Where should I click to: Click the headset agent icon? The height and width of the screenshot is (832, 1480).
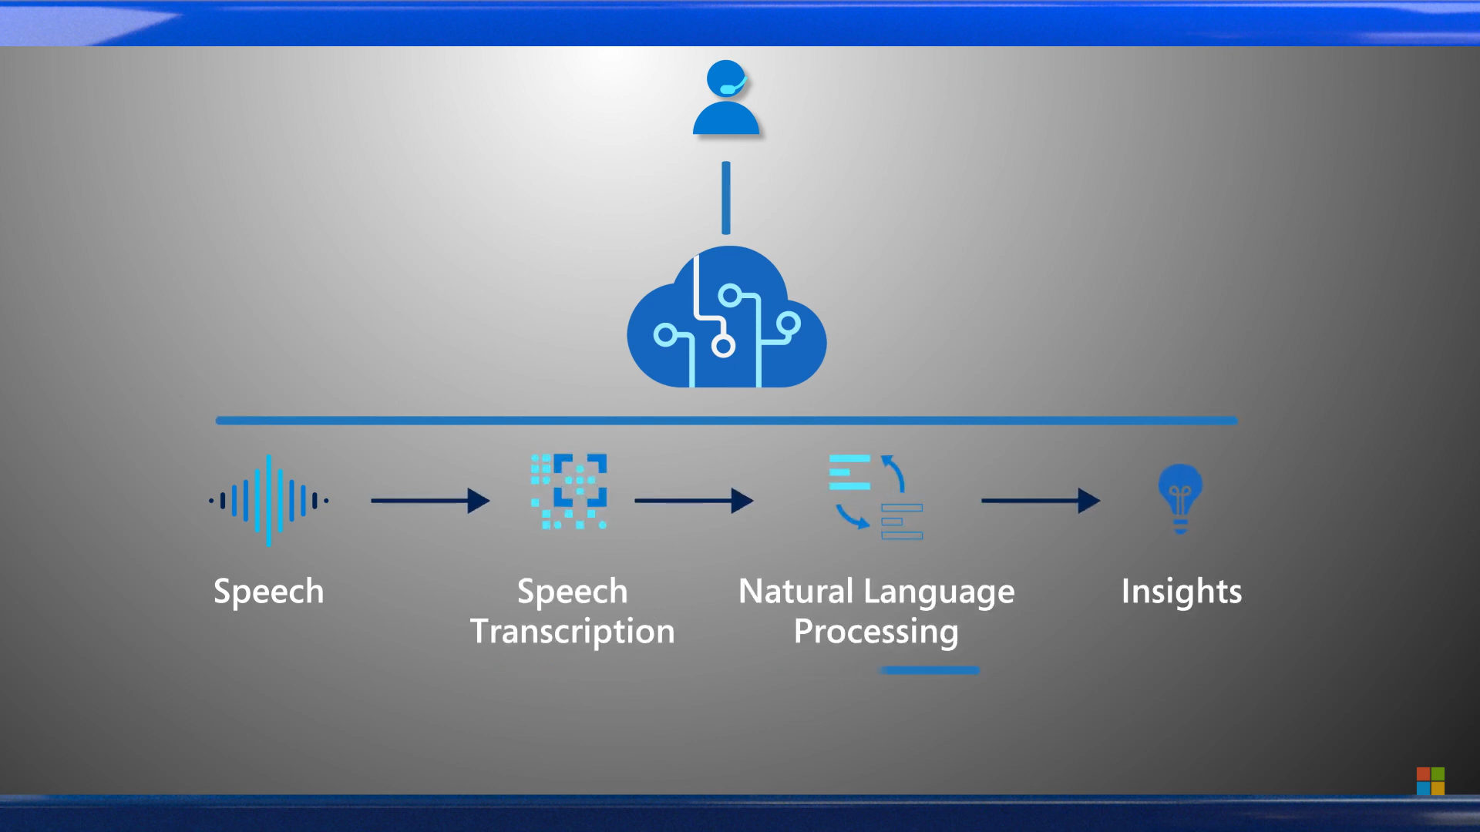tap(725, 99)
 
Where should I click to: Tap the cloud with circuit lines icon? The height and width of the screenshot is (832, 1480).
tap(726, 320)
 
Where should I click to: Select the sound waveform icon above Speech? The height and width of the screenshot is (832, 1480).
tap(268, 501)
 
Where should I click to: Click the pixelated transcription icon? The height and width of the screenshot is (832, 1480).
tap(569, 491)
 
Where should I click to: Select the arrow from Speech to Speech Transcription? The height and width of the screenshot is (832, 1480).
tap(430, 501)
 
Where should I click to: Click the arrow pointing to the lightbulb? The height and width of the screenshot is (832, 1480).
tap(1041, 501)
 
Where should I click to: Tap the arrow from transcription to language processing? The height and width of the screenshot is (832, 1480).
tap(694, 501)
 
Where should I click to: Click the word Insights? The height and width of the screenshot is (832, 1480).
tap(1181, 592)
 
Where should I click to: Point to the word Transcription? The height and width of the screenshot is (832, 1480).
tap(573, 632)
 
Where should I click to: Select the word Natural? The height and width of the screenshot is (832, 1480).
tap(796, 592)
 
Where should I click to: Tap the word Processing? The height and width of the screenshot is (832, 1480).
tap(876, 632)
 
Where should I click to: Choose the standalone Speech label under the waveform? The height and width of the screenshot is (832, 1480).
tap(268, 592)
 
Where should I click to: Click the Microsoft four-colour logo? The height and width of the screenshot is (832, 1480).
tap(1430, 780)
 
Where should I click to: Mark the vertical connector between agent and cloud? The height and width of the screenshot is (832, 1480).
tap(725, 197)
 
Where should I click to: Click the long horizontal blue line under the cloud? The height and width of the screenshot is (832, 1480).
tap(726, 421)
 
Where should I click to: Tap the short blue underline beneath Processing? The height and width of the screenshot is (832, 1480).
tap(930, 670)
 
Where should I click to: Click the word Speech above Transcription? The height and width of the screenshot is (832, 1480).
tap(573, 592)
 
